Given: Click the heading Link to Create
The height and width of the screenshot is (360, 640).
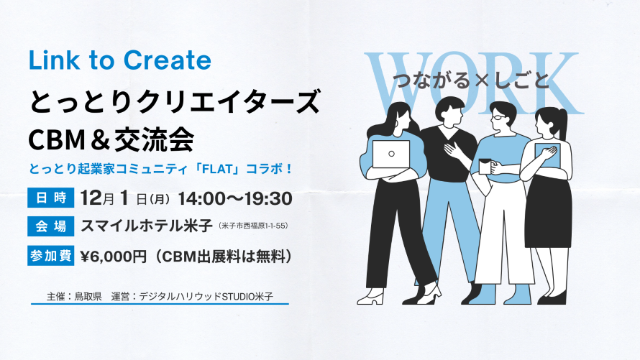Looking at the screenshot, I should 120,60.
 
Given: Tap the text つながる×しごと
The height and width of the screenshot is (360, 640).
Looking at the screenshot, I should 471,80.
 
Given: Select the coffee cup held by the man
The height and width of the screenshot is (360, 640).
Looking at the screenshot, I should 485,166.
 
